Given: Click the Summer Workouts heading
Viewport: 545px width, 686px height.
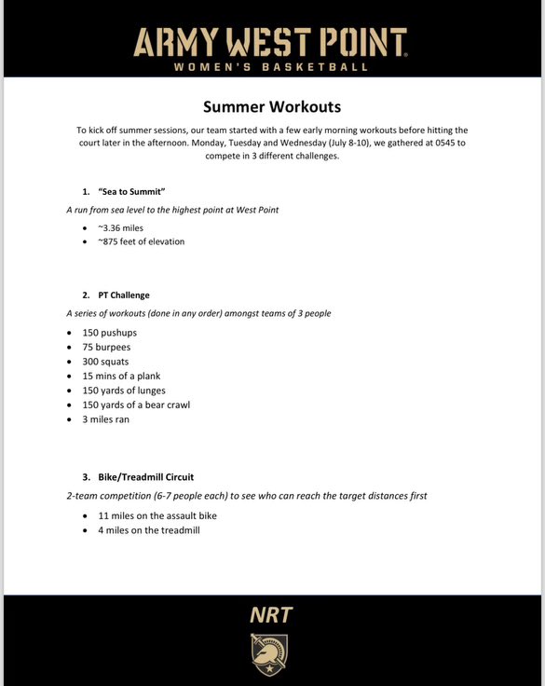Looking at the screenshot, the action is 272,106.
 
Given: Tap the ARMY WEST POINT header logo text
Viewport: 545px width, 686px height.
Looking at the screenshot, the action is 271,42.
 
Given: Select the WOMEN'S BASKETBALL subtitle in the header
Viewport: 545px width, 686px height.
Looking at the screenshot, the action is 271,67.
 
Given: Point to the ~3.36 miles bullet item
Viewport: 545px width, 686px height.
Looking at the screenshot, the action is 120,226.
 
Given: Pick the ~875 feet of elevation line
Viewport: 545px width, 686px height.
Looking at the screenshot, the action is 141,241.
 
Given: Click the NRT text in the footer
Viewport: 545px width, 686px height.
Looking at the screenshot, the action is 271,615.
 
